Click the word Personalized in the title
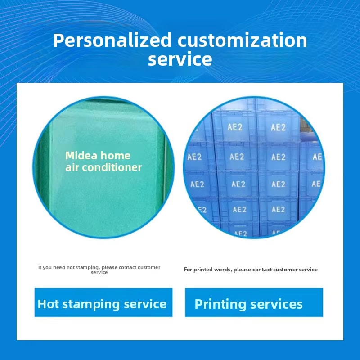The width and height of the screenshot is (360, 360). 112,40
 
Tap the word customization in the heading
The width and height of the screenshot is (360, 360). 242,40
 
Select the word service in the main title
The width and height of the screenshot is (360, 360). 180,59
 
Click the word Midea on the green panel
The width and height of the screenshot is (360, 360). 81,155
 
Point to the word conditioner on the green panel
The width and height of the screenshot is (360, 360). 112,167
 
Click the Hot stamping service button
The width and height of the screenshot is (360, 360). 103,302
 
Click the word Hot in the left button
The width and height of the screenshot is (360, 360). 48,304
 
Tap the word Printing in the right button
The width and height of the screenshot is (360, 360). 220,305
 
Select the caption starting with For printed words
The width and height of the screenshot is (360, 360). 251,269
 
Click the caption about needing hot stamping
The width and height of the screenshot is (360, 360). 99,270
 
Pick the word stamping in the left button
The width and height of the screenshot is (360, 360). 91,305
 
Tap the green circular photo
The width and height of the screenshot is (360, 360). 103,167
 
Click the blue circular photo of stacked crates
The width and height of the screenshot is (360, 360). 254,167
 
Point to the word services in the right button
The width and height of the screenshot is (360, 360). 276,304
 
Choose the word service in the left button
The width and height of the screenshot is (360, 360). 145,304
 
